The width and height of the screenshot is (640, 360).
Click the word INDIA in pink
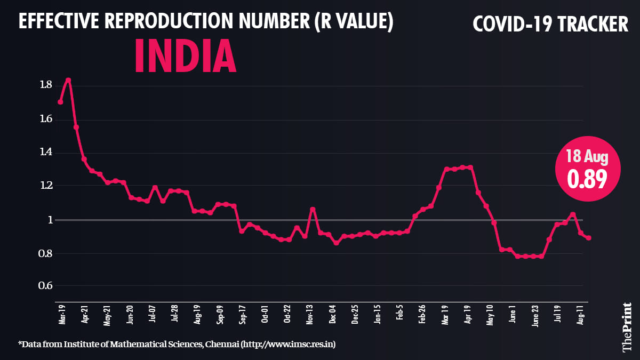[185, 55]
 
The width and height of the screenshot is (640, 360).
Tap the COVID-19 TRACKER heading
[551, 24]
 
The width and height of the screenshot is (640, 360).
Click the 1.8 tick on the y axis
[45, 85]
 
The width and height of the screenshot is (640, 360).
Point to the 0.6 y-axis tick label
[45, 286]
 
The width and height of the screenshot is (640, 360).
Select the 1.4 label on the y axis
[45, 153]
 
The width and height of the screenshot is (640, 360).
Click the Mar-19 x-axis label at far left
[62, 314]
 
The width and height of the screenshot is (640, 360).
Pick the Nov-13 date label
[310, 314]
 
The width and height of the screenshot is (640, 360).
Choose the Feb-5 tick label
[400, 314]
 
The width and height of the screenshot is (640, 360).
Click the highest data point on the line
[68, 80]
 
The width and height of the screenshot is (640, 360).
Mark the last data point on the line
[589, 238]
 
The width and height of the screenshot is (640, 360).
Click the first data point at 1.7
[60, 102]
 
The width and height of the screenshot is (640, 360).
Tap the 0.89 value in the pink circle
[587, 180]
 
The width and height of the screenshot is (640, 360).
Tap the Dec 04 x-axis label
[333, 314]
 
